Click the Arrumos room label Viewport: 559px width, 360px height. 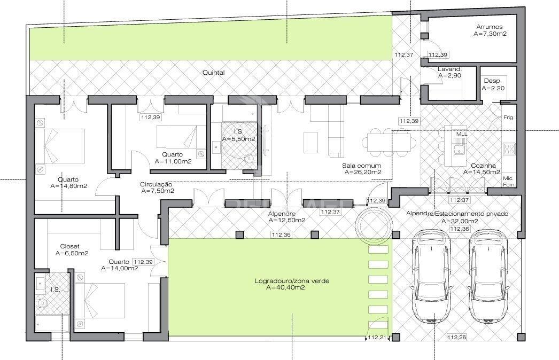(x=490, y=26)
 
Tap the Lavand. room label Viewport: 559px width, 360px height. (x=449, y=69)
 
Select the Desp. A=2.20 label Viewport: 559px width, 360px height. (x=492, y=81)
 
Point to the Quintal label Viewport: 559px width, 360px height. (x=214, y=73)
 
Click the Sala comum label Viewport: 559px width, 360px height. (x=362, y=166)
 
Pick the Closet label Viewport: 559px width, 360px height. (x=69, y=247)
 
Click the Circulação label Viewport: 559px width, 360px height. (x=156, y=184)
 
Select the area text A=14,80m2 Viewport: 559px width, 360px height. (x=68, y=186)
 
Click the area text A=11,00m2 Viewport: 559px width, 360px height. (x=173, y=161)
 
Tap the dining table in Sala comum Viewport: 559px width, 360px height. (x=389, y=142)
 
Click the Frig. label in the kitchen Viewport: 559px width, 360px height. (x=508, y=117)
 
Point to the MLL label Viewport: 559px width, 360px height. (x=461, y=133)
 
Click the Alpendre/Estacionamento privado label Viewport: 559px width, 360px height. (x=457, y=214)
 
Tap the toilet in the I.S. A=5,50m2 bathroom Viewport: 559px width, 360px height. (x=249, y=159)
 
